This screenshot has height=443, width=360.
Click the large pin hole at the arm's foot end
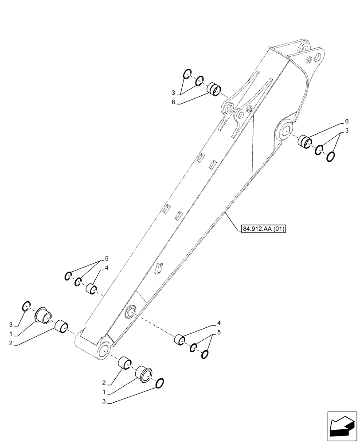click(x=103, y=350)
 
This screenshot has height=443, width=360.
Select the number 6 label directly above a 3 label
click(x=347, y=121)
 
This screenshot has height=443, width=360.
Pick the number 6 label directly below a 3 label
click(x=174, y=102)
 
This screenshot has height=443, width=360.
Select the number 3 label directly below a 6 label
click(x=347, y=130)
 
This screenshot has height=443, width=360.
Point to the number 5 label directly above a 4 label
click(x=106, y=258)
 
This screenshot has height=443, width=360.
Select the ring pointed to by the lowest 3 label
click(x=160, y=383)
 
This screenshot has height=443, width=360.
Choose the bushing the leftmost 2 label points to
click(x=61, y=327)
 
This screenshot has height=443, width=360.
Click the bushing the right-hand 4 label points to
click(x=180, y=341)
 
